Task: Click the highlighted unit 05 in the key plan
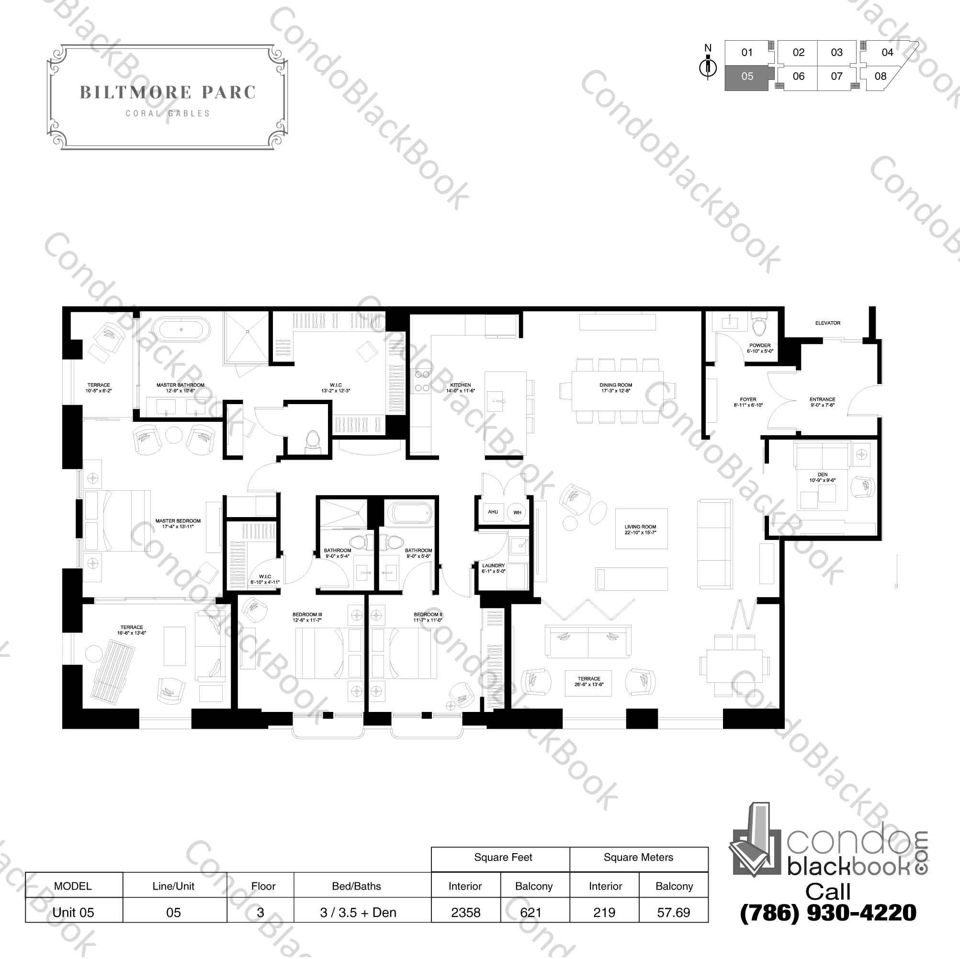tap(747, 77)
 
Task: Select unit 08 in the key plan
tap(880, 77)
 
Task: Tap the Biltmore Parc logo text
tap(168, 92)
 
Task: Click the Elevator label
tap(827, 323)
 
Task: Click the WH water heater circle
tap(517, 512)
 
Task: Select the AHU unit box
tap(492, 512)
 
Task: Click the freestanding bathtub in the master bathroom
tap(181, 329)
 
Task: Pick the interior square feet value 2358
tap(465, 912)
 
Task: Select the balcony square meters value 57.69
tap(673, 912)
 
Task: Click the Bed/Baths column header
tap(356, 886)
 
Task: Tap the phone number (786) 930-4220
tap(828, 912)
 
